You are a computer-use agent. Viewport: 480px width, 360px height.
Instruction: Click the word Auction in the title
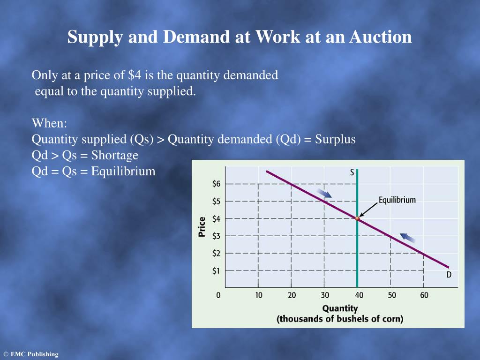380,37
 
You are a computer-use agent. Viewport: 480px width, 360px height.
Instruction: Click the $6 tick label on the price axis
216,184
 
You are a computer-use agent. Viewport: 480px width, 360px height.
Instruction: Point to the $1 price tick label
216,270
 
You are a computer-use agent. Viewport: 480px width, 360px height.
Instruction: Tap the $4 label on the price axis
216,218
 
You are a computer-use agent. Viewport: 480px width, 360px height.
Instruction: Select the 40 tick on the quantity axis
359,295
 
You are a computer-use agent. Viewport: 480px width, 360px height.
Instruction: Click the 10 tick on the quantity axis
259,295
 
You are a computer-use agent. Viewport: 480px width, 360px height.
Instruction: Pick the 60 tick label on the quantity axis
424,295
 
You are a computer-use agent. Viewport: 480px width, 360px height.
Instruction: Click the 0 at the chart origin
218,295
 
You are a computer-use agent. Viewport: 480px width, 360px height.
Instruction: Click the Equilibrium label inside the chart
397,200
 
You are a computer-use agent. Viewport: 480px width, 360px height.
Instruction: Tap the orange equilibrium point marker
357,218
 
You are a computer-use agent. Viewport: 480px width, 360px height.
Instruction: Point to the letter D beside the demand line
449,275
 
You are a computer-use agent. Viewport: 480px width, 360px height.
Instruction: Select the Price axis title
202,227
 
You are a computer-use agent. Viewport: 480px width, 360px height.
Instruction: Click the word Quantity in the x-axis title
340,308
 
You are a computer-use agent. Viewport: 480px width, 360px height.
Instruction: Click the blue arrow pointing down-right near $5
324,193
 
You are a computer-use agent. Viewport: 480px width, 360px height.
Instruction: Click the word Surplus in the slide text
335,139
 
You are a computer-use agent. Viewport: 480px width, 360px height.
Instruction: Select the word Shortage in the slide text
115,155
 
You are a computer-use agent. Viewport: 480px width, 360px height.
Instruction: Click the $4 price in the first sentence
134,75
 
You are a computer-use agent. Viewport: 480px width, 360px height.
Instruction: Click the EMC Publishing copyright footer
30,354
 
